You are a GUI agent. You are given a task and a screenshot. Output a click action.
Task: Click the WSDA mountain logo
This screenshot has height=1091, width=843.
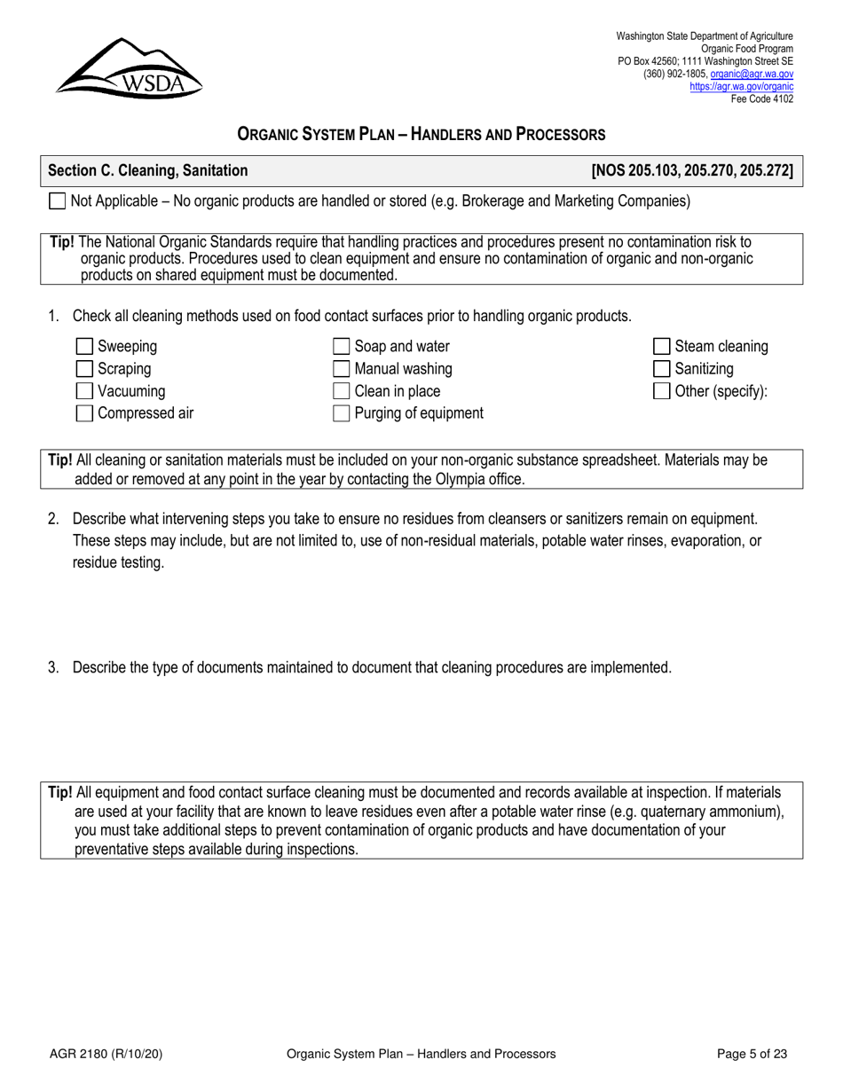point(129,67)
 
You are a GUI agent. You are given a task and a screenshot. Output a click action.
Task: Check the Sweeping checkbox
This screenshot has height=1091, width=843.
point(85,347)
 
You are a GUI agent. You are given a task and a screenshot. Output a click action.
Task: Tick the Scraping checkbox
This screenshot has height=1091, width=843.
point(85,369)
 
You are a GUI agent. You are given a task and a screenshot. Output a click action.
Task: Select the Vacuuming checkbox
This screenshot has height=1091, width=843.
point(85,391)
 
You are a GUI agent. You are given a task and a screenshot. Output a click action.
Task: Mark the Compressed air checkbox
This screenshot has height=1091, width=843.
point(85,413)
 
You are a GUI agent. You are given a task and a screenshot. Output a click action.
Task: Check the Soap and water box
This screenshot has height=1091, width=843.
point(342,347)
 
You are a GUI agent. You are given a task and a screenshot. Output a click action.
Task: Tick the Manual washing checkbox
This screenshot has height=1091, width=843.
point(342,369)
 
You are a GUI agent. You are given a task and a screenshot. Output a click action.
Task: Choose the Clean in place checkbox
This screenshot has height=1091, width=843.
point(342,391)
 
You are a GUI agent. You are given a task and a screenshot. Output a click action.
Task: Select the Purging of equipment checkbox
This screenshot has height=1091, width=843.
point(342,413)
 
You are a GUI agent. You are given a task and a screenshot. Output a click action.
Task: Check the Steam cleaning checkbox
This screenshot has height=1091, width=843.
point(662,347)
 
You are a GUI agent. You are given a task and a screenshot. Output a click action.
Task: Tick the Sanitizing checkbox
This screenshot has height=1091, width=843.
point(662,369)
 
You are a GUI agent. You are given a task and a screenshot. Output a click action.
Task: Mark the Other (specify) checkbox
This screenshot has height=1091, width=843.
point(662,391)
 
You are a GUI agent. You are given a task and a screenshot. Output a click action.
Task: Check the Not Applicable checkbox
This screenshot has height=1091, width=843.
point(57,201)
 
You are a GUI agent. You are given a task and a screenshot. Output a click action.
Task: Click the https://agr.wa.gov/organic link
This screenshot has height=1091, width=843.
point(741,87)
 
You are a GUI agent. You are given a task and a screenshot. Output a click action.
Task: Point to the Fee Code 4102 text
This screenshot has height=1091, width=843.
point(761,98)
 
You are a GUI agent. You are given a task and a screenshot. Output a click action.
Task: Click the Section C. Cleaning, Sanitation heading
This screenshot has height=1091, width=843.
point(148,170)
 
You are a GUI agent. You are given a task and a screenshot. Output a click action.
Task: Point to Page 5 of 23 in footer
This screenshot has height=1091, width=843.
point(752,1054)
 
